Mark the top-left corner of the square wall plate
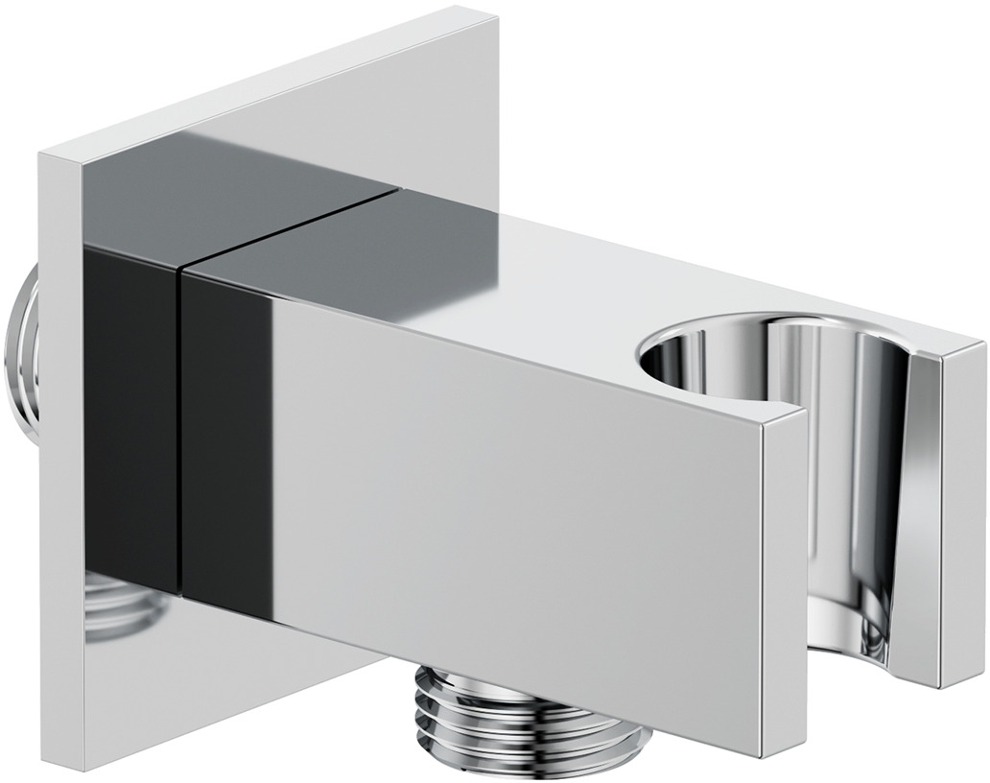click(x=40, y=154)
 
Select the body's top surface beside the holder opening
click(x=537, y=288)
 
